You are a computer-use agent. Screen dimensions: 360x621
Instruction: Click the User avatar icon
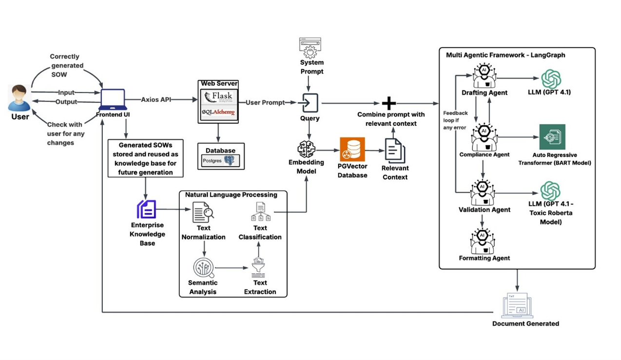pyautogui.click(x=20, y=99)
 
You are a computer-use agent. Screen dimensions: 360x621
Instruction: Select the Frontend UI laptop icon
pyautogui.click(x=113, y=100)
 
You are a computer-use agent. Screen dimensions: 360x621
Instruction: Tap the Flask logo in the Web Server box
pyautogui.click(x=218, y=96)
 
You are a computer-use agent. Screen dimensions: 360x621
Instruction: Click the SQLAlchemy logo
pyautogui.click(x=218, y=113)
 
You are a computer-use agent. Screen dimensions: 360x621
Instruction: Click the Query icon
pyautogui.click(x=310, y=103)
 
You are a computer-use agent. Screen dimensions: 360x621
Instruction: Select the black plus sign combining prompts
pyautogui.click(x=389, y=103)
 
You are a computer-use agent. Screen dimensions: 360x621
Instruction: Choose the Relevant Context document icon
pyautogui.click(x=395, y=150)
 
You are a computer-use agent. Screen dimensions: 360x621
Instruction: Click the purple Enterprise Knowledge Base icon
pyautogui.click(x=147, y=210)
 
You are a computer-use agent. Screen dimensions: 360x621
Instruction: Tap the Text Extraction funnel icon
pyautogui.click(x=259, y=268)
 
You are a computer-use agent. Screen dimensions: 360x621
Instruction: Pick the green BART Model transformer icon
pyautogui.click(x=552, y=137)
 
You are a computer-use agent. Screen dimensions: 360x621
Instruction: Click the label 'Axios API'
pyautogui.click(x=156, y=100)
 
